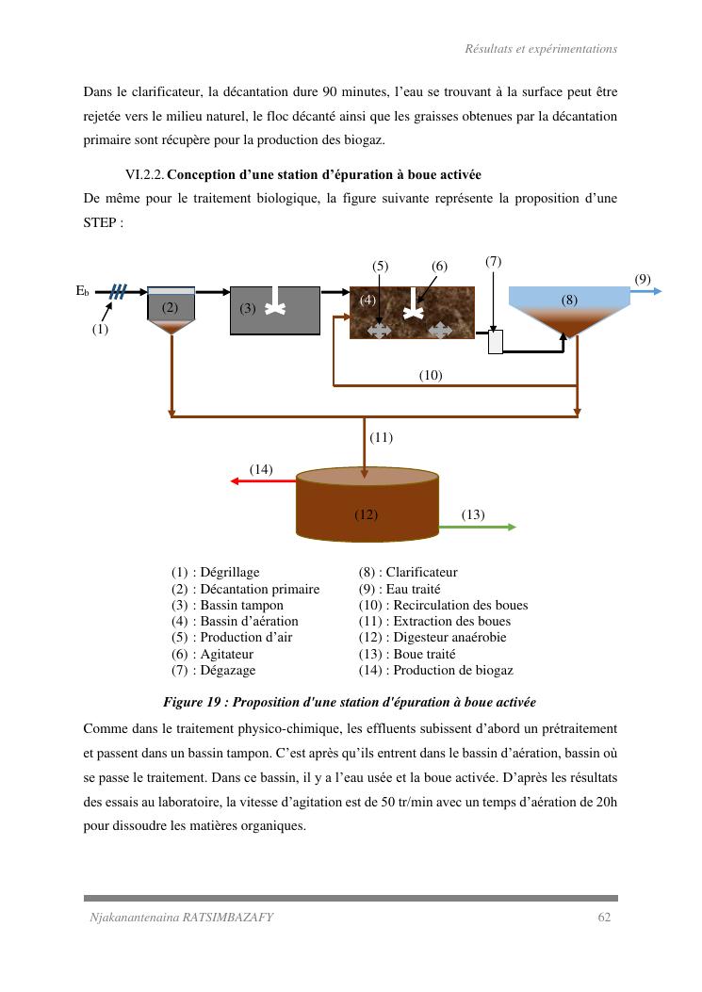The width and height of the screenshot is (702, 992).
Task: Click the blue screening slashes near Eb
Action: coord(117,292)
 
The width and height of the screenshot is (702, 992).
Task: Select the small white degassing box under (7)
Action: coord(496,342)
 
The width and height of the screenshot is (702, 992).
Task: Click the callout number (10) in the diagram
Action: coord(431,375)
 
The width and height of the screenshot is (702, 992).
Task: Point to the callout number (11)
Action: coord(381,437)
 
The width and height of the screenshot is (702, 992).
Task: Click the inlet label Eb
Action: coord(83,292)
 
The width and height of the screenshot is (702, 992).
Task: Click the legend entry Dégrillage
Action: coord(231,572)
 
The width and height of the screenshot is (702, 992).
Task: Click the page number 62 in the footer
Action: coord(605,919)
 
